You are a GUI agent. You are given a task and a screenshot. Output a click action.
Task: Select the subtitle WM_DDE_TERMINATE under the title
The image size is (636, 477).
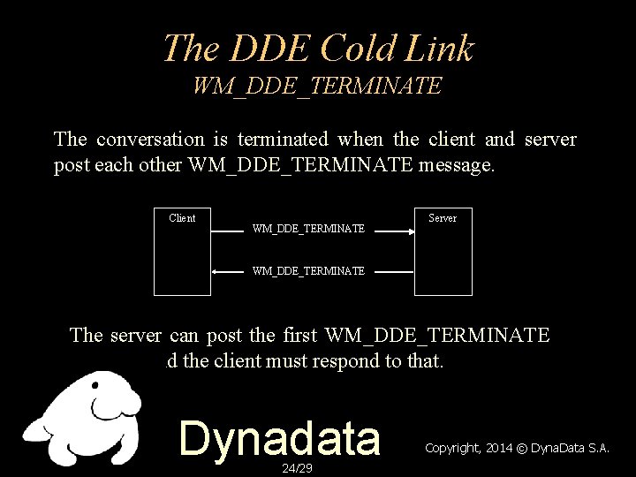point(317,87)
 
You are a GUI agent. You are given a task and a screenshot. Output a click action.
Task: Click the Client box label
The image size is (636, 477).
point(182,218)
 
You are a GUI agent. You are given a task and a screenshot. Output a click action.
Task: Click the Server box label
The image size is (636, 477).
point(443,218)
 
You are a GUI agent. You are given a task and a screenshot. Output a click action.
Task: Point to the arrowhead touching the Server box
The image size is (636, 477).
point(411,229)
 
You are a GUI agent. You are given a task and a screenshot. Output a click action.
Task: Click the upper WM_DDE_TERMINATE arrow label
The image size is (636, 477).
point(308,229)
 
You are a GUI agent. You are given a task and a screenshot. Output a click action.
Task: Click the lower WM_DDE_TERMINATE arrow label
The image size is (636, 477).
point(308,271)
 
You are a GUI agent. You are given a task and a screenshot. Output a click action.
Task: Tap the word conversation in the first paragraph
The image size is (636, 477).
point(149,140)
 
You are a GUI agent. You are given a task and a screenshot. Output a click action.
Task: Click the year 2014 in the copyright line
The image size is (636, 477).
point(499,448)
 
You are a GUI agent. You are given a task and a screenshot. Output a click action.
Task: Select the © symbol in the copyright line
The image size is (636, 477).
point(522,448)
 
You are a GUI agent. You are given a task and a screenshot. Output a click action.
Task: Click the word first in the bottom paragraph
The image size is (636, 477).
point(301,335)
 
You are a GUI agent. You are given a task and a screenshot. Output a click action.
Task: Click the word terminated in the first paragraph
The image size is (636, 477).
point(284,140)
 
